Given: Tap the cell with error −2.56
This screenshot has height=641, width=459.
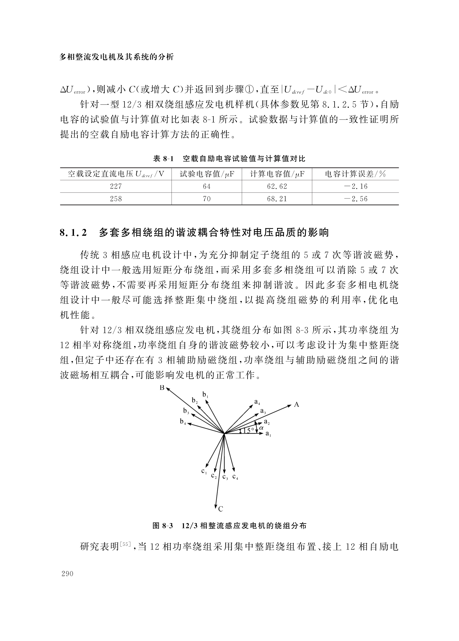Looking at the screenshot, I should pyautogui.click(x=356, y=199).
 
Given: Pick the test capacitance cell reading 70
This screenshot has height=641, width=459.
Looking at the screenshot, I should pyautogui.click(x=207, y=199).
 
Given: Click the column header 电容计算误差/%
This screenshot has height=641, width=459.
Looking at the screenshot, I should pyautogui.click(x=356, y=174).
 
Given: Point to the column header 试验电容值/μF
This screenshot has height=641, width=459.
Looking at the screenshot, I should pyautogui.click(x=207, y=174).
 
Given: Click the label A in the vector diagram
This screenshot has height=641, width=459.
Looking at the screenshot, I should pyautogui.click(x=296, y=405).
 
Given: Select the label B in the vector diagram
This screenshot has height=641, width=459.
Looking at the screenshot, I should pyautogui.click(x=162, y=388).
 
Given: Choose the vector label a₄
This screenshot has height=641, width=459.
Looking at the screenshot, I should pyautogui.click(x=257, y=402).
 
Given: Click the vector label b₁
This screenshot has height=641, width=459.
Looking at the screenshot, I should pyautogui.click(x=205, y=395).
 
